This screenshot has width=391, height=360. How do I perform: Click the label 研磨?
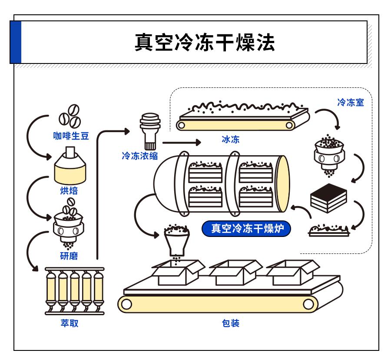click(69, 255)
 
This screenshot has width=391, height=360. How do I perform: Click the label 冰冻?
click(230, 140)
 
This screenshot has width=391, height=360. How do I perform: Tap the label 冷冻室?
click(351, 103)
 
